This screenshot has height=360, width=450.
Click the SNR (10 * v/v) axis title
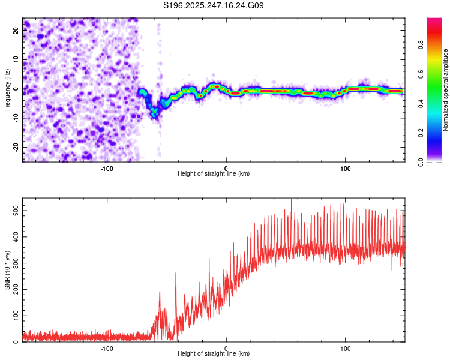7,270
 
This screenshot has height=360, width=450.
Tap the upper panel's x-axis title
214,174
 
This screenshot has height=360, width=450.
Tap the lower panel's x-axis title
214,354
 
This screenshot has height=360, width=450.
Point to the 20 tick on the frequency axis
16,31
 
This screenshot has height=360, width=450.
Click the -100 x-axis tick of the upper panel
107,168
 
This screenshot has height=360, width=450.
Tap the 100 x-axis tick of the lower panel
345,348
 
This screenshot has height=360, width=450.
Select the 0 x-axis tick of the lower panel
226,348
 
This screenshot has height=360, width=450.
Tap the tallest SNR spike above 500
291,200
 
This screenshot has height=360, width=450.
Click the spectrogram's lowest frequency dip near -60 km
154,113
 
